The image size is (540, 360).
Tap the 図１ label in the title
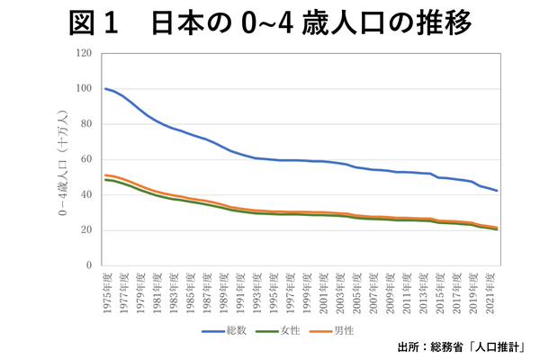(94, 23)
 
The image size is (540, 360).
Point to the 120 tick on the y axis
(85, 53)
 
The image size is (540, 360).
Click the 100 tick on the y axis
(85, 88)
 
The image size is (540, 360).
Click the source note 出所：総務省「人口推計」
(460, 347)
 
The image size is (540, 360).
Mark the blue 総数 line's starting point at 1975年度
(105, 88)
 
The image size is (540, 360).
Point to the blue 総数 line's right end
(498, 191)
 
